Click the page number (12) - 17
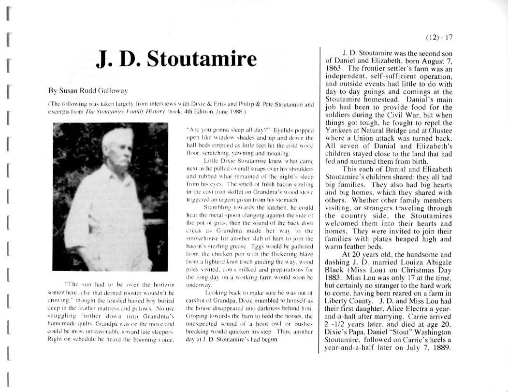[439, 38]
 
